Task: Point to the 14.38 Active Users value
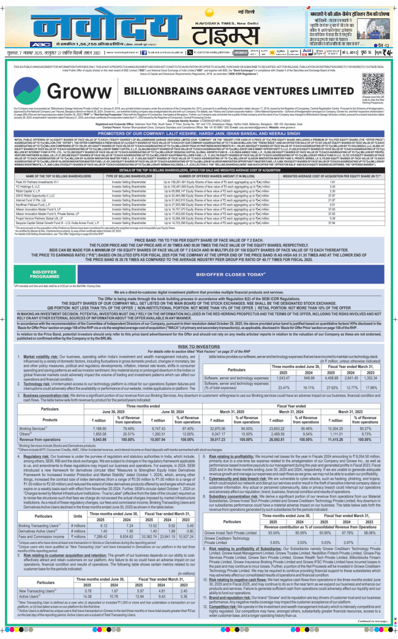click(x=91, y=578)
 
